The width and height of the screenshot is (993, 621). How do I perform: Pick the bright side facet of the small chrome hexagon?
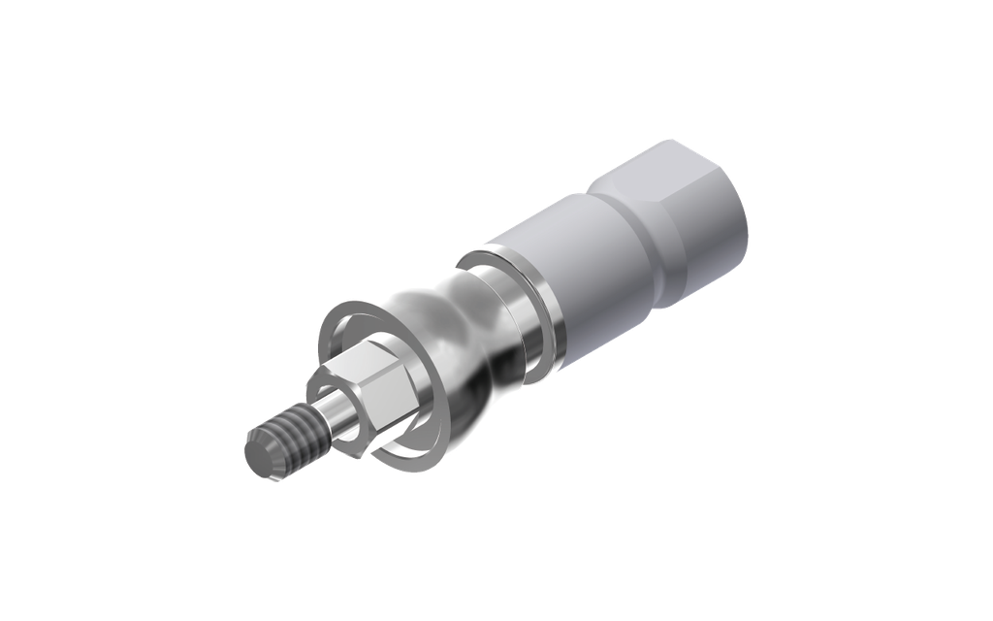[x=393, y=398]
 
